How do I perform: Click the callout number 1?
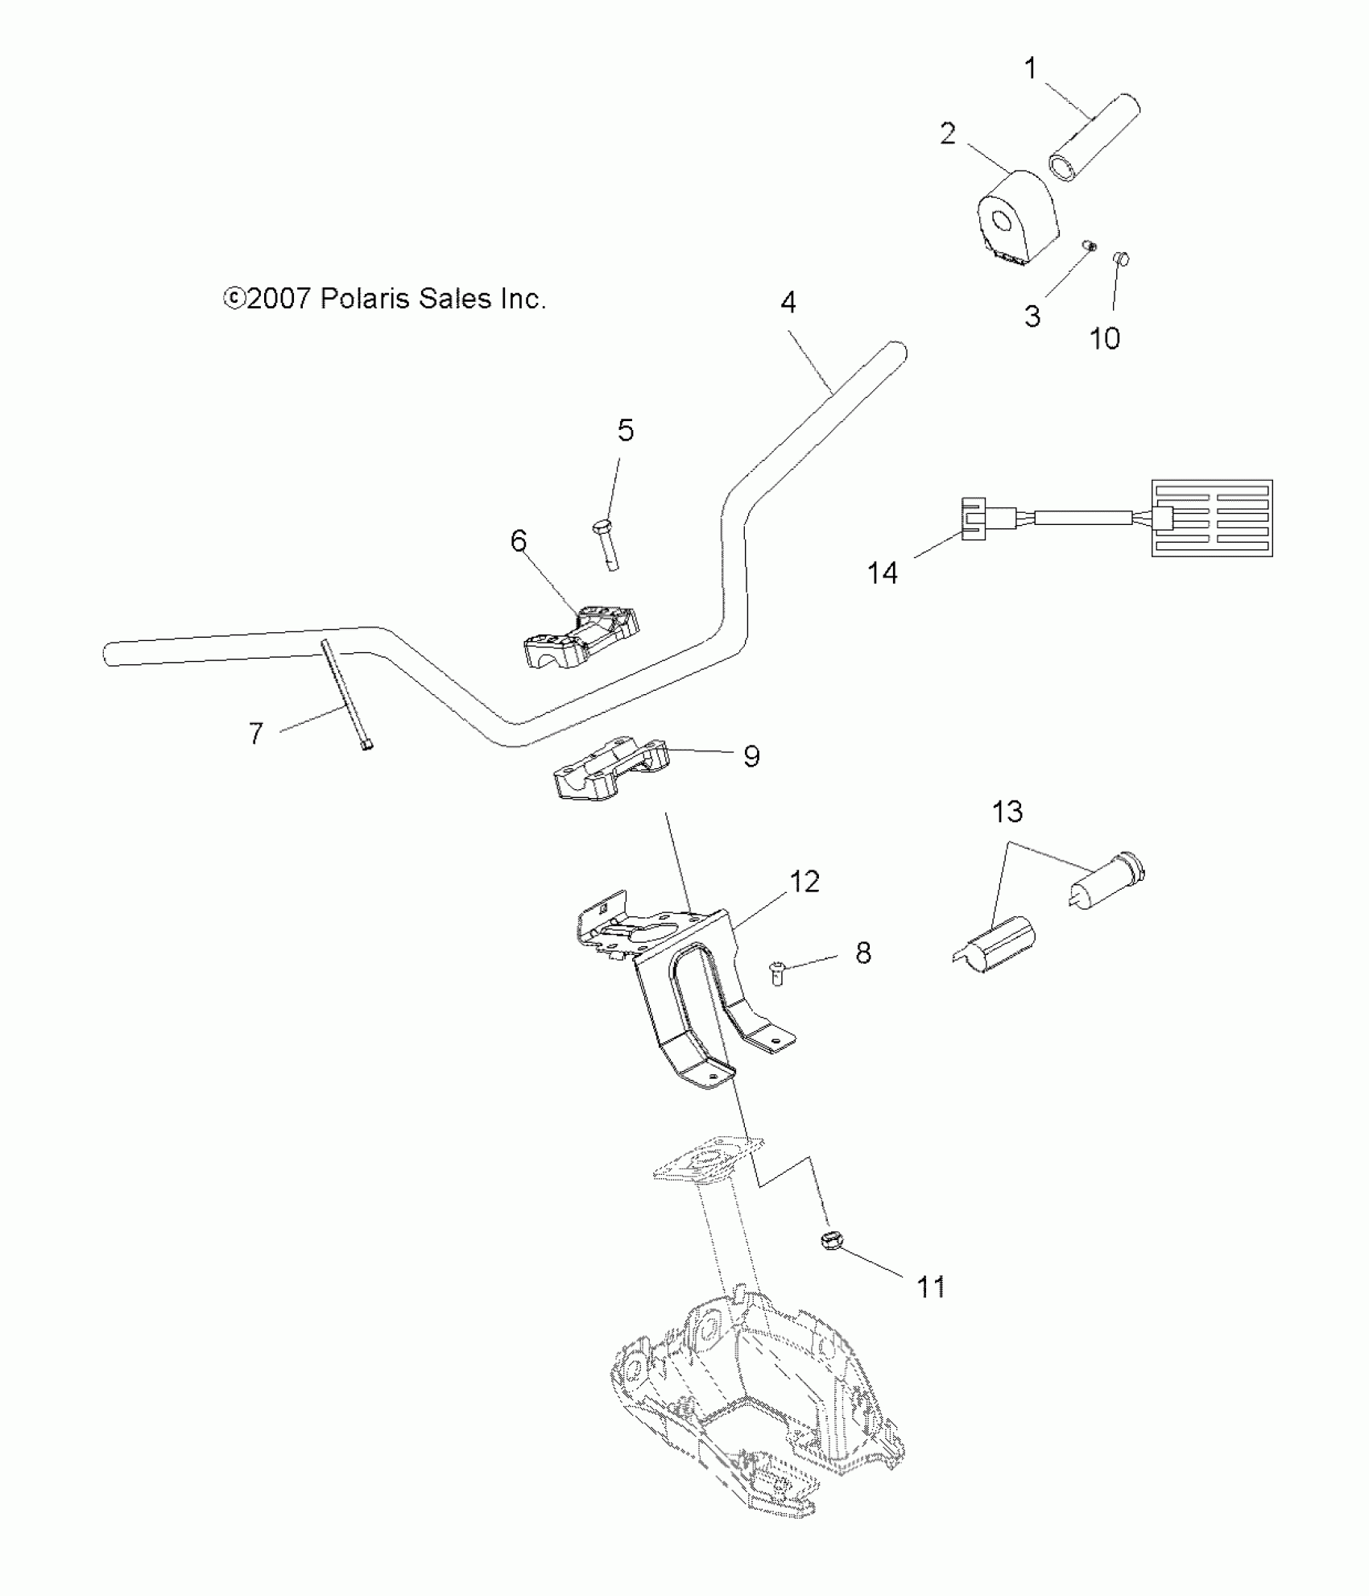point(1031,69)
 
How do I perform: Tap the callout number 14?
point(882,573)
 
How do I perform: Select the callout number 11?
point(931,1287)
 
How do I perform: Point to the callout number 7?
point(255,734)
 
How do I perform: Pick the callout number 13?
point(1007,812)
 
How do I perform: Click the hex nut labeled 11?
point(831,1263)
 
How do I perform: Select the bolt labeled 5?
point(610,545)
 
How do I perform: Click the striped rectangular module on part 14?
point(1212,519)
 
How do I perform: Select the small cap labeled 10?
point(1119,258)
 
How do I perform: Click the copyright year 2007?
point(279,299)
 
